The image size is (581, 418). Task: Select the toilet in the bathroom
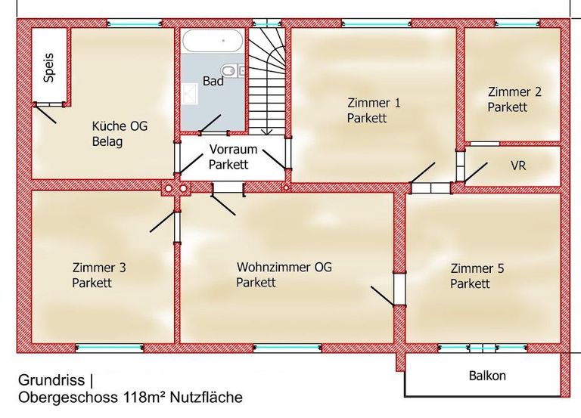[240, 71]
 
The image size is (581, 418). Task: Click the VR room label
[519, 165]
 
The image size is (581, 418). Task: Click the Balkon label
[487, 376]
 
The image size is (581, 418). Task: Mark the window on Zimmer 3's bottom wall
[110, 348]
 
